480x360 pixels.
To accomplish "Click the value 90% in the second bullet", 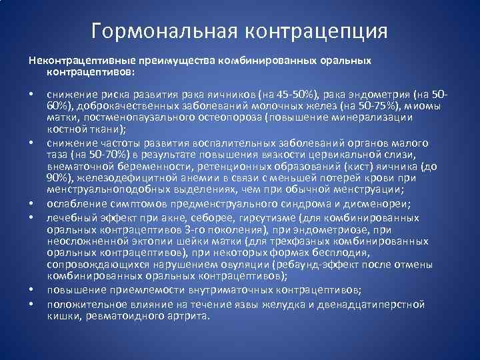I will pyautogui.click(x=58, y=178).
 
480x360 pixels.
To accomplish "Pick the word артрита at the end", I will pyautogui.click(x=180, y=315).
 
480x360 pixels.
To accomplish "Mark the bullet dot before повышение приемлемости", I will pyautogui.click(x=31, y=290).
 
